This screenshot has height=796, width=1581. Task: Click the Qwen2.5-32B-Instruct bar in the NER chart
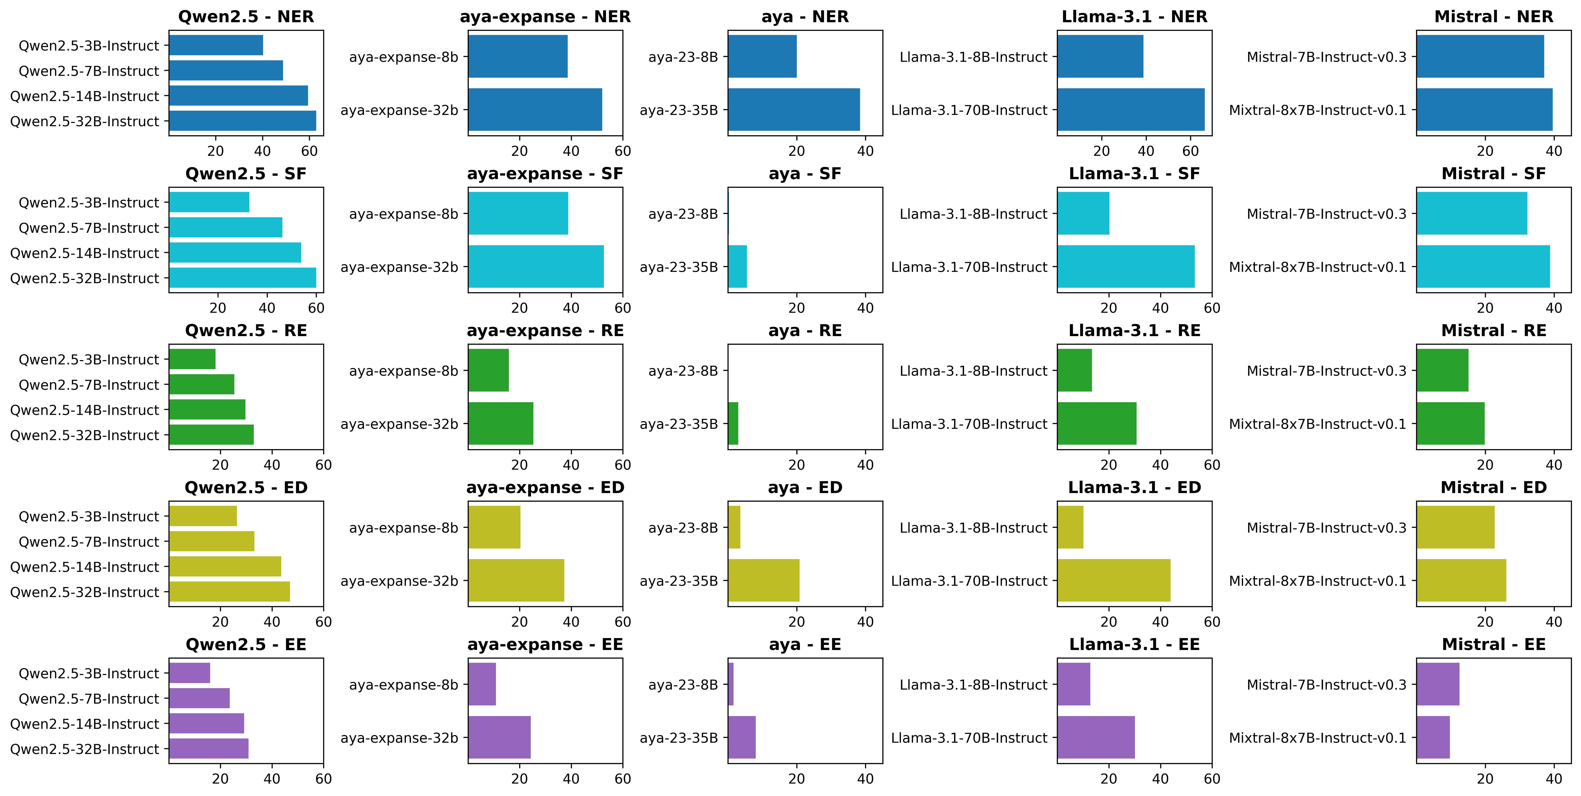pos(242,121)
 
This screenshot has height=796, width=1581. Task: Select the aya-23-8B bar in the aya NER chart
pos(762,56)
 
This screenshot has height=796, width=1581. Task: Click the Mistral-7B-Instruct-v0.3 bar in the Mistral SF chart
pos(1472,214)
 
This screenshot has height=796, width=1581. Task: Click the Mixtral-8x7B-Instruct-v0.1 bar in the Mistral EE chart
pos(1433,738)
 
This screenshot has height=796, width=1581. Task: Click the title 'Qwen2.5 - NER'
pos(246,17)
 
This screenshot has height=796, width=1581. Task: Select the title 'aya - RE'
pos(805,331)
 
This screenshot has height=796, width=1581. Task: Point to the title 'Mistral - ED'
pos(1494,488)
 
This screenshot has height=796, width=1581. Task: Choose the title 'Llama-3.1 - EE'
pos(1134,644)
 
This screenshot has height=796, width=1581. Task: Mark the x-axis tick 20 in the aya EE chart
pos(797,779)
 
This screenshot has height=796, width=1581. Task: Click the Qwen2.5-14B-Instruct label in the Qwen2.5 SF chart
pos(85,253)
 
